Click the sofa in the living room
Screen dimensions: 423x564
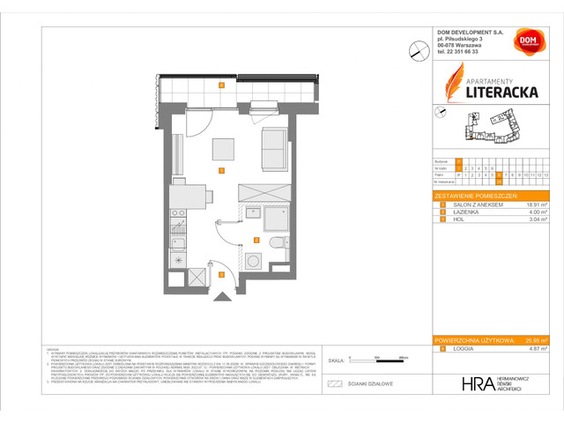(x=275, y=149)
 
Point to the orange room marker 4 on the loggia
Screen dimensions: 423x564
(x=222, y=85)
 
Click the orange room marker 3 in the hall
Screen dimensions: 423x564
(x=222, y=275)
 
